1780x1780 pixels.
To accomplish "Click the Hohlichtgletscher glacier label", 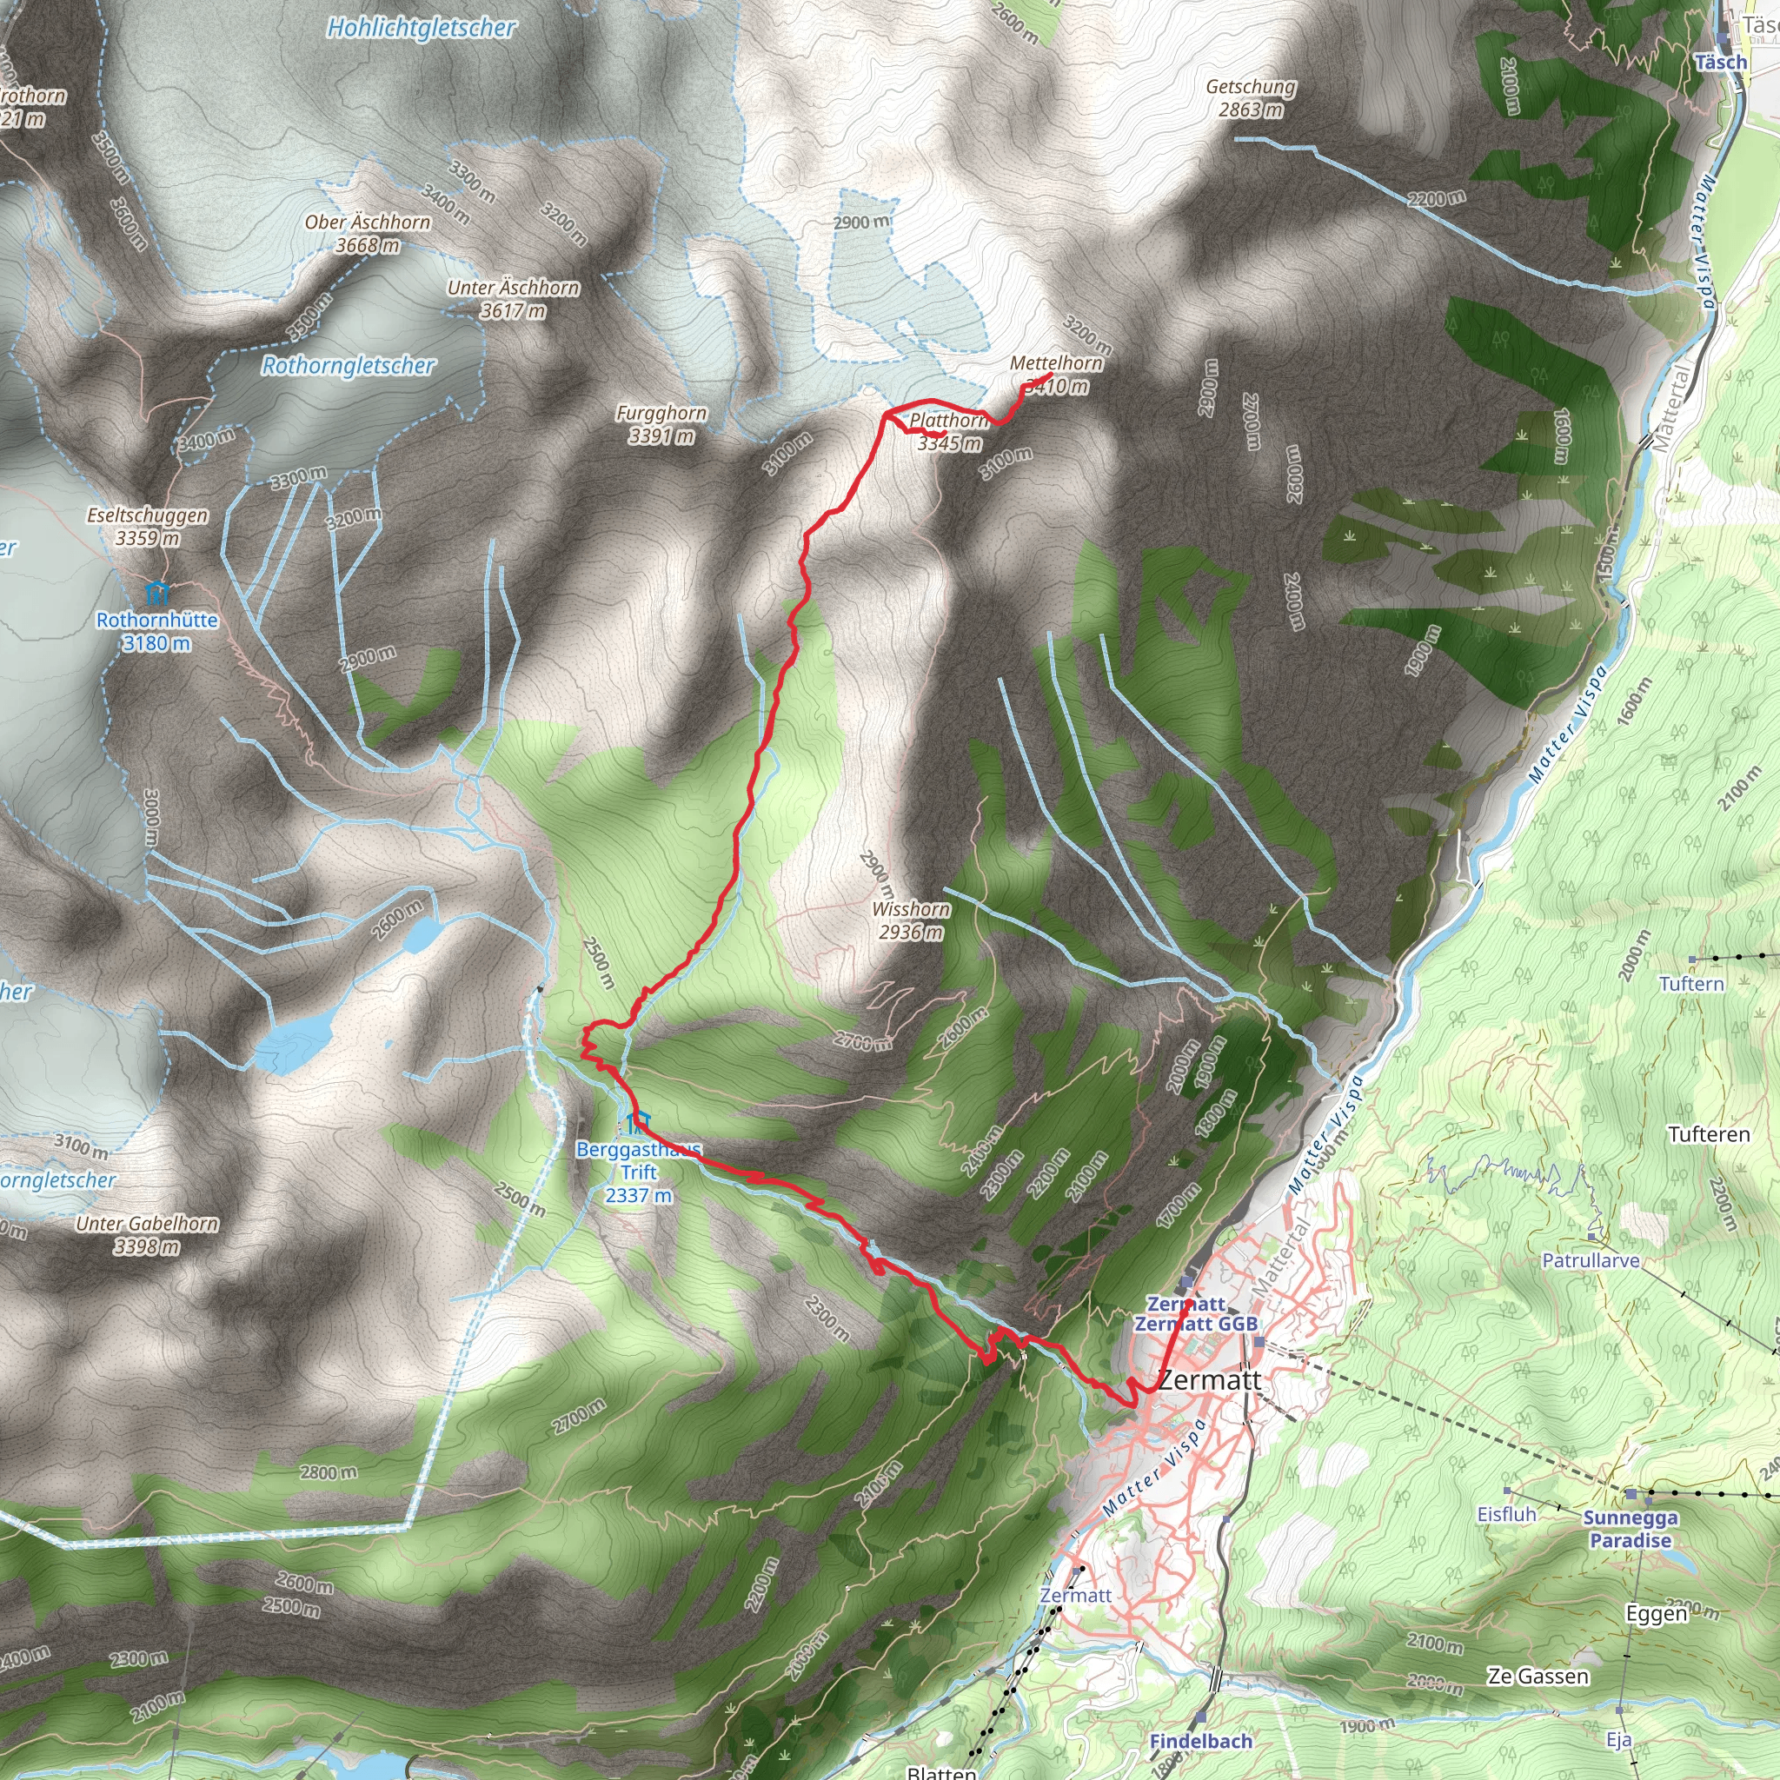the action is click(421, 29).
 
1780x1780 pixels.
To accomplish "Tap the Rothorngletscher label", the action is click(348, 366).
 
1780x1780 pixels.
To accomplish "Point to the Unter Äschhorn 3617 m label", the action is click(513, 298).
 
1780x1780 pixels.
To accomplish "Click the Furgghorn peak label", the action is click(661, 414).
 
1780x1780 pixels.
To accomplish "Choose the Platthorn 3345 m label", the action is click(949, 431).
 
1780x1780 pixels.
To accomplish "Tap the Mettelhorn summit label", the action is click(1056, 363).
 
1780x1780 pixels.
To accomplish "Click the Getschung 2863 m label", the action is click(1250, 97).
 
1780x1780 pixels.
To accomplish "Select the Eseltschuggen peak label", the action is click(148, 515).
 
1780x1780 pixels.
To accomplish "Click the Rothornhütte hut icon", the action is click(157, 590).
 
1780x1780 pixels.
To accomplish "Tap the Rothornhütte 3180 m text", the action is click(156, 631).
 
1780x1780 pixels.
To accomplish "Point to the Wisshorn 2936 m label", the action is click(911, 920).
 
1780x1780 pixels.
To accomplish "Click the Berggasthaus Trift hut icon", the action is click(634, 1123).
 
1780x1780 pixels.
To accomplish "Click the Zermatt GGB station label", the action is click(1196, 1324).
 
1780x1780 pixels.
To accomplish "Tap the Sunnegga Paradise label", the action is click(1630, 1530).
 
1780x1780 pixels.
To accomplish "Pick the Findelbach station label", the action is click(1200, 1741).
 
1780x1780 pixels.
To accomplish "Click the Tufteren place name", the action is click(1708, 1134).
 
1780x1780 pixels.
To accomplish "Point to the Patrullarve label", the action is click(1591, 1260).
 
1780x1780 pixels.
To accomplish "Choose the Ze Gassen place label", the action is click(1538, 1676).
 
